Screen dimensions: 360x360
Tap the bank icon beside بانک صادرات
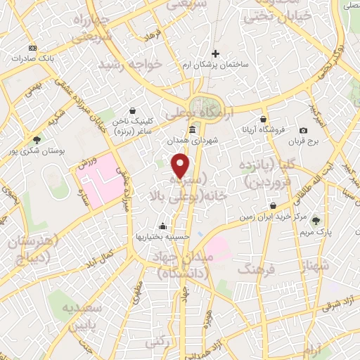coord(32,48)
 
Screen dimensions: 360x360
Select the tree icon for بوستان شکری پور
coord(37,139)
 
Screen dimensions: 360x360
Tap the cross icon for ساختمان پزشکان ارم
coord(216,53)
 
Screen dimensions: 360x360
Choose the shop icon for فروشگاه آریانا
coord(264,119)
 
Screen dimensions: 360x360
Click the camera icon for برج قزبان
coord(303,130)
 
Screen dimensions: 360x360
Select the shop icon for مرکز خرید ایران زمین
coord(273,206)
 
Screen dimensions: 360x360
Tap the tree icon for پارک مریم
coord(315,220)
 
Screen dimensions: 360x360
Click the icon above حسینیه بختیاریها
coord(163,226)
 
